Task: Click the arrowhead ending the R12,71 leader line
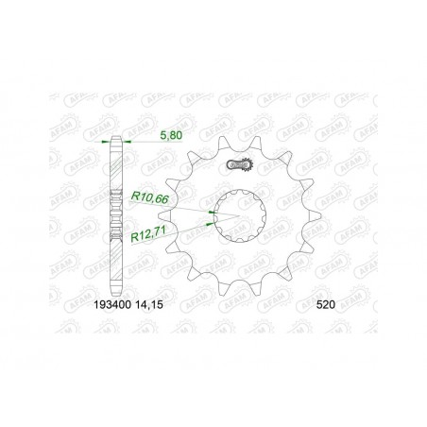[207, 226]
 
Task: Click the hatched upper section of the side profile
[116, 170]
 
